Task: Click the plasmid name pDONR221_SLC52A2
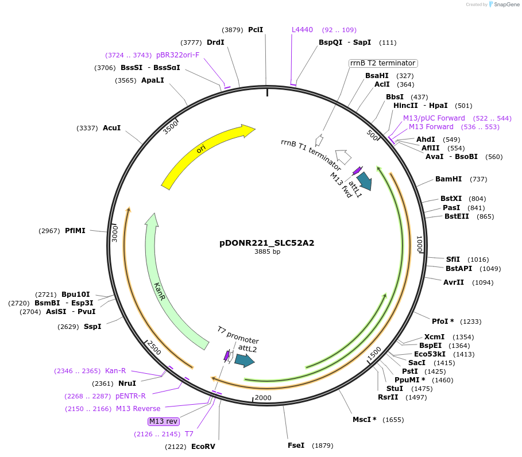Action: [267, 243]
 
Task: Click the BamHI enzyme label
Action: [448, 179]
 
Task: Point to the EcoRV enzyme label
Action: [203, 446]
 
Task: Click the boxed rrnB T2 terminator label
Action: [382, 63]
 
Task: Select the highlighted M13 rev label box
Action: [164, 421]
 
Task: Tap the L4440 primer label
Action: [302, 30]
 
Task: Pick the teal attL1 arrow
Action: [364, 181]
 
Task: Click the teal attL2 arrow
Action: [245, 360]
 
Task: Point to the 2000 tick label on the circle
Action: [263, 398]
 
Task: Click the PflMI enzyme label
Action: [75, 231]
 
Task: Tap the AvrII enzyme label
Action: [453, 282]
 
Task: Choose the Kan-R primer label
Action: [115, 371]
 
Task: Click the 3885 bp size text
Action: [267, 251]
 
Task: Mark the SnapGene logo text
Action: [504, 5]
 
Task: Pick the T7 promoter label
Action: [238, 335]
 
